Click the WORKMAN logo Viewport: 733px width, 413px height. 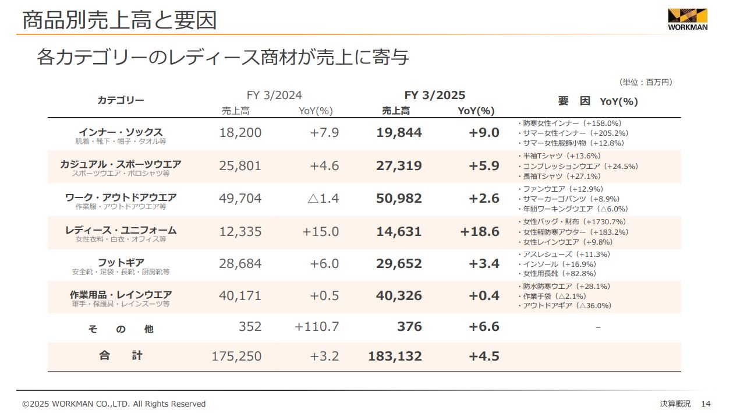(x=687, y=19)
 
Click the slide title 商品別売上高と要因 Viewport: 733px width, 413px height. (x=119, y=20)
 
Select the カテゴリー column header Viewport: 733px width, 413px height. (x=121, y=100)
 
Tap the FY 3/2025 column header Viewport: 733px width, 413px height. (x=435, y=96)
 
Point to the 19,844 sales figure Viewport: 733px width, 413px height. (x=399, y=133)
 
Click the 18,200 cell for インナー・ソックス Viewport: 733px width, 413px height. (x=240, y=133)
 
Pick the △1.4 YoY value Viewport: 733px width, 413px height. (x=323, y=199)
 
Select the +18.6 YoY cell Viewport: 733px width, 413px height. (x=480, y=232)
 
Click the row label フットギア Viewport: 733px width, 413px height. (x=121, y=263)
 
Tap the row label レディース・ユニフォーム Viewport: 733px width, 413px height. (x=121, y=230)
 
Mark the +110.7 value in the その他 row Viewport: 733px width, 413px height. (x=317, y=327)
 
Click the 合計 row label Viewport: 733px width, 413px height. (x=121, y=355)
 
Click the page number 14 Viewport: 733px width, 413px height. (x=706, y=404)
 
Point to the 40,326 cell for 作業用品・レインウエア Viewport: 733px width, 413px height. (x=399, y=296)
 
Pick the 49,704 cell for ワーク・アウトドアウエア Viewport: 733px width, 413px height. (x=240, y=199)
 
